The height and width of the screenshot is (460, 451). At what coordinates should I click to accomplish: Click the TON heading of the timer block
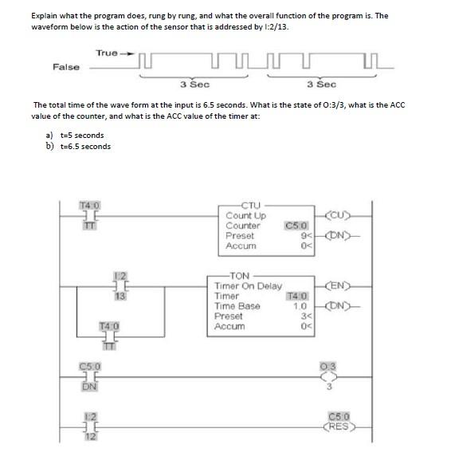point(239,275)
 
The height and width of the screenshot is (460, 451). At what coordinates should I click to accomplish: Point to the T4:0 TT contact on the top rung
point(89,214)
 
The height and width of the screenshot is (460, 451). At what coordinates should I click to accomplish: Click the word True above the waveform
point(107,53)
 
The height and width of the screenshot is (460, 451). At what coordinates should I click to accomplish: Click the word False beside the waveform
point(66,67)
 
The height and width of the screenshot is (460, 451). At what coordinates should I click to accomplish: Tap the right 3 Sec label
point(321,84)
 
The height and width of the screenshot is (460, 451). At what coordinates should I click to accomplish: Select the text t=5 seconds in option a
point(82,136)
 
